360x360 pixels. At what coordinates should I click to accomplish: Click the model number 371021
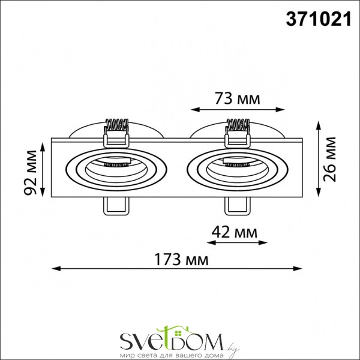tap(316, 20)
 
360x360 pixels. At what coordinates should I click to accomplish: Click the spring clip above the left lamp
tap(117, 132)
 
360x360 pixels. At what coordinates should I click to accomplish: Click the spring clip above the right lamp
tap(237, 132)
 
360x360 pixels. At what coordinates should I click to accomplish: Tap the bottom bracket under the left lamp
tap(116, 205)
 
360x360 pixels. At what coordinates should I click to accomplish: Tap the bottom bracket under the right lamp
tap(236, 205)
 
